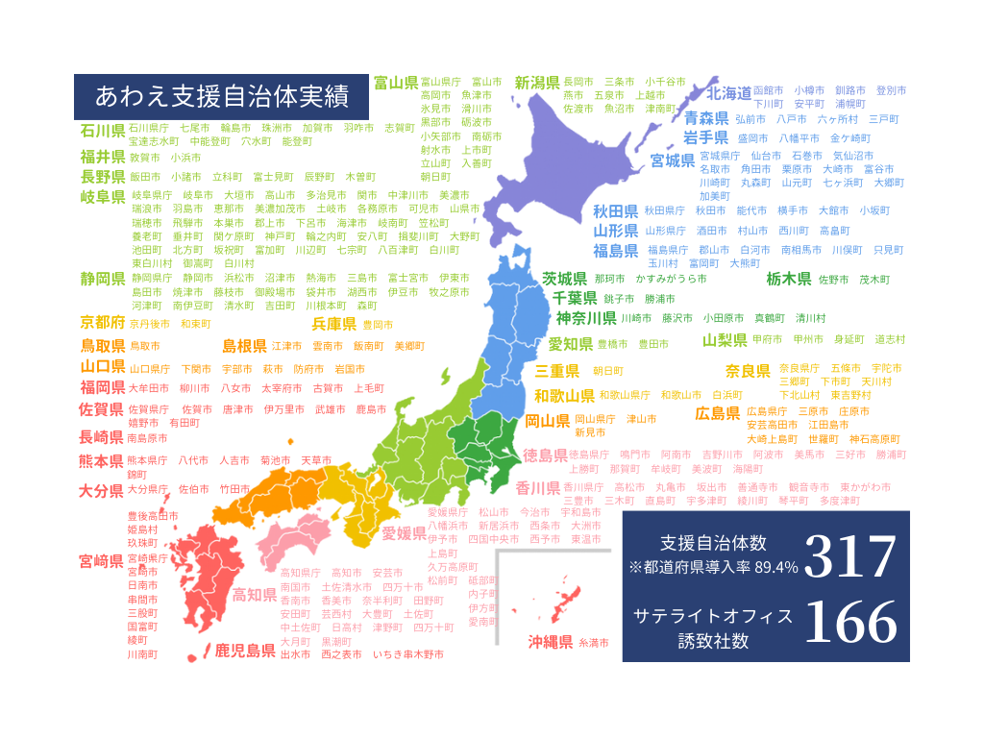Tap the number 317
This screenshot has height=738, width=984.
(x=849, y=556)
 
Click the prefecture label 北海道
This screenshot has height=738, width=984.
(x=728, y=93)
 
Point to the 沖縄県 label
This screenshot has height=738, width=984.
(x=551, y=642)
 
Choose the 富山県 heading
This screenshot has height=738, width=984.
(x=395, y=82)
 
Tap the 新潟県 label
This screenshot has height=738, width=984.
(x=537, y=83)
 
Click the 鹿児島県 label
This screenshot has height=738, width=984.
(x=245, y=651)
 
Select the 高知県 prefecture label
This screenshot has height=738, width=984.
(x=256, y=595)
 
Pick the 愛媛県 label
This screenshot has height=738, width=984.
(x=404, y=533)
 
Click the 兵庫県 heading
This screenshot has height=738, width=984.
(x=334, y=324)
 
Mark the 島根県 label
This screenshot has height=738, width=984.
(x=245, y=346)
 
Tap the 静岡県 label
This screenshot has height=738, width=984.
(x=103, y=279)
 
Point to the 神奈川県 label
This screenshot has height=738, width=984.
(x=586, y=318)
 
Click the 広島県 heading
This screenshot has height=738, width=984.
(x=718, y=413)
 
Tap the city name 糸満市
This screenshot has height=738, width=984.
(x=594, y=643)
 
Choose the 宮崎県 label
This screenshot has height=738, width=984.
(x=102, y=561)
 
